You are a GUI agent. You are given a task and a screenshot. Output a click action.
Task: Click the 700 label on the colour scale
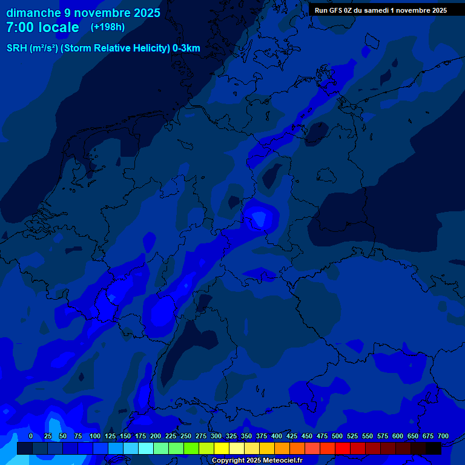[x=443, y=436]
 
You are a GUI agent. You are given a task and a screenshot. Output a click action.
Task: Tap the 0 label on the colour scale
[x=31, y=436]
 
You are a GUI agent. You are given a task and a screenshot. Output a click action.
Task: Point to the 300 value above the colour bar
[x=216, y=436]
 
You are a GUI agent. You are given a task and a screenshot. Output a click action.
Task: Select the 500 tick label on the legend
[x=337, y=436]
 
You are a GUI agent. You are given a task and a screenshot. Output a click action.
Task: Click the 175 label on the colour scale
[x=140, y=436]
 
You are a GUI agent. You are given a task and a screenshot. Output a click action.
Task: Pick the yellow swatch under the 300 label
[x=222, y=448]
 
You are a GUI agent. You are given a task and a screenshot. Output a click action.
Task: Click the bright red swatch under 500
[x=343, y=448]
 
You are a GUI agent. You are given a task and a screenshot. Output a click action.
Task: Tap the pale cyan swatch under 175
[x=146, y=448]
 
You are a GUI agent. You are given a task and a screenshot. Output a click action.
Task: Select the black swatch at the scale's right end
[x=434, y=448]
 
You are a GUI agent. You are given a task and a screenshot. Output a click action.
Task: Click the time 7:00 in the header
[x=21, y=28]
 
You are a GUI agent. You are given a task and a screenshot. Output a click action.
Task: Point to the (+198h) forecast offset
[x=107, y=27]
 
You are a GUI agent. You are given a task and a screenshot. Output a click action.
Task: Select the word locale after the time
[x=59, y=28]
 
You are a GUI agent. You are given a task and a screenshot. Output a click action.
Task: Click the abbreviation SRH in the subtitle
[x=16, y=48]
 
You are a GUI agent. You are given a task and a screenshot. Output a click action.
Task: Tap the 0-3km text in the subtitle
[x=186, y=48]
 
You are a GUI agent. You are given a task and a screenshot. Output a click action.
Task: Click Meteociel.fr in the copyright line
[x=279, y=461]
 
